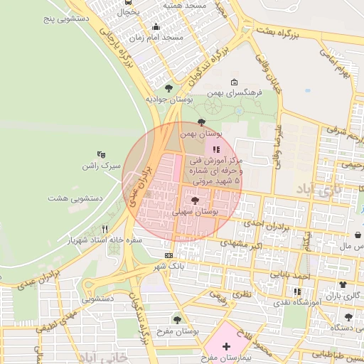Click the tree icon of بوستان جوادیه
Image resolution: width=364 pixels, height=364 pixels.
[168, 88]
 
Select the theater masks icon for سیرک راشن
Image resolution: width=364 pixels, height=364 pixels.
[101, 154]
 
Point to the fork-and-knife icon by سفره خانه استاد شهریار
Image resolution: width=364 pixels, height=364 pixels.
[105, 229]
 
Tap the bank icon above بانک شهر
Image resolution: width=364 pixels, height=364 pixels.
[168, 255]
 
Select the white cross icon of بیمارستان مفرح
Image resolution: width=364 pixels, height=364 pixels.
[226, 346]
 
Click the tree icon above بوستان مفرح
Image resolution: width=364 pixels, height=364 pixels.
[177, 319]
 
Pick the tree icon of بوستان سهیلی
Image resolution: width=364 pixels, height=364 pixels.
[195, 201]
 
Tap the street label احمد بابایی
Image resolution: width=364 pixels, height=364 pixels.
[294, 274]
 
